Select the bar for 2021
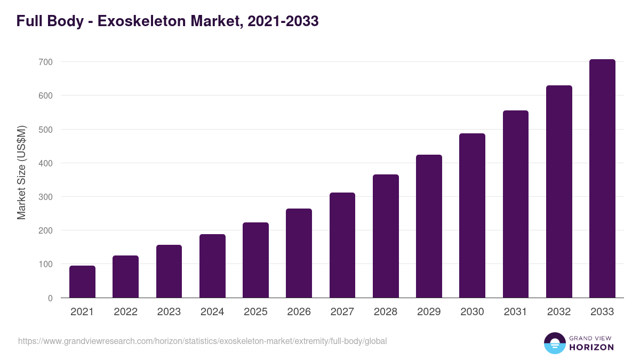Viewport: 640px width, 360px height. point(82,282)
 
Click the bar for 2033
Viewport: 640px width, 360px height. point(602,179)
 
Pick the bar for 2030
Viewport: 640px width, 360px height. point(472,215)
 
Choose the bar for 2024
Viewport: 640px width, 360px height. point(212,266)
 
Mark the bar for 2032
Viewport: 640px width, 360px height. point(559,191)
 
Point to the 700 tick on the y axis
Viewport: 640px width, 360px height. point(46,62)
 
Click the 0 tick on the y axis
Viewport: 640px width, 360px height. point(50,298)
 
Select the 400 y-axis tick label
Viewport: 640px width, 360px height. point(46,163)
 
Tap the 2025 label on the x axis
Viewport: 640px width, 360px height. point(255,312)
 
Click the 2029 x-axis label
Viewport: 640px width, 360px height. point(429,312)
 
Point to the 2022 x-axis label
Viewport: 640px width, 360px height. point(125,312)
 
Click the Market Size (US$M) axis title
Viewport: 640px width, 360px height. point(21,172)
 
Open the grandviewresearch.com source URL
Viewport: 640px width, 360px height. point(202,341)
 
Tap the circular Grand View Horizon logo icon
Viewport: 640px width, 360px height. point(554,343)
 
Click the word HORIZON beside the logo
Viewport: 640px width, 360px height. point(591,347)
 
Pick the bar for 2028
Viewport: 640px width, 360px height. point(386,236)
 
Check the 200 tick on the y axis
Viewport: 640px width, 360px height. point(46,230)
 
